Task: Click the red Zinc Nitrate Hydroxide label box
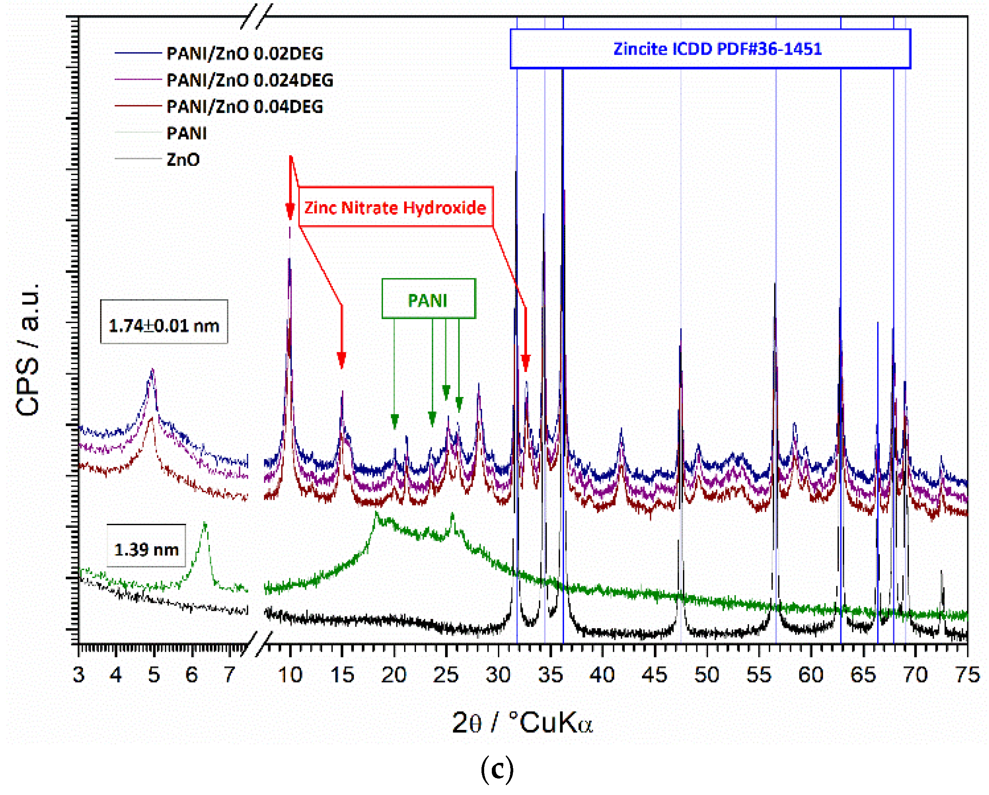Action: (x=395, y=207)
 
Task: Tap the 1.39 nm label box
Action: (x=146, y=549)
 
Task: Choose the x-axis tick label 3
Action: (x=79, y=675)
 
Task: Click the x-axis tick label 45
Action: (x=654, y=675)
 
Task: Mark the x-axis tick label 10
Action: (x=290, y=675)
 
